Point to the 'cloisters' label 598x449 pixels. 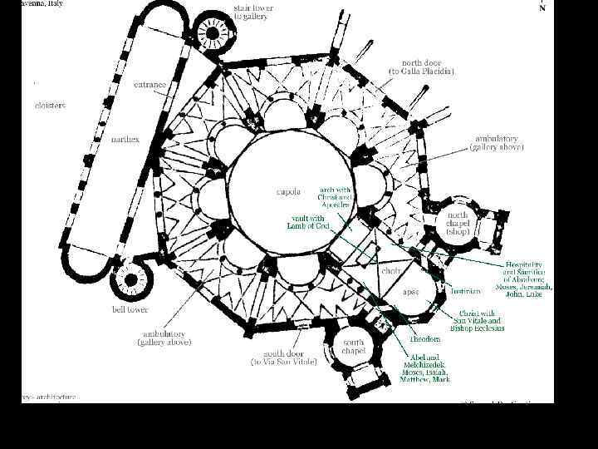(50, 106)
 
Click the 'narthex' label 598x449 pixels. (125, 139)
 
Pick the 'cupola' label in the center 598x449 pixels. (288, 191)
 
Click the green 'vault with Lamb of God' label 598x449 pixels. (308, 222)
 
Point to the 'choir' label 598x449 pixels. (391, 271)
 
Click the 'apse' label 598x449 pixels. (411, 292)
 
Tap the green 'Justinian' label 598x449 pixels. (465, 292)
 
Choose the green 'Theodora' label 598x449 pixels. (424, 338)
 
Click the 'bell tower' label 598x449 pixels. (130, 309)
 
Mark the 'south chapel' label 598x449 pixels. (354, 346)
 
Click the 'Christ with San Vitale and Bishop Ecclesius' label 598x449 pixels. (477, 320)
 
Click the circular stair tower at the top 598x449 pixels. (212, 34)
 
